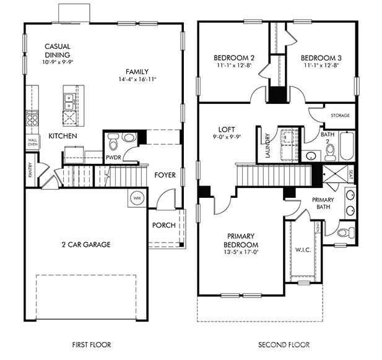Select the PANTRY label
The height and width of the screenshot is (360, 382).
pos(30,171)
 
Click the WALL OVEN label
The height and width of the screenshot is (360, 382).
pos(32,144)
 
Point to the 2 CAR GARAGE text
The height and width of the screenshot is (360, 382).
pos(86,245)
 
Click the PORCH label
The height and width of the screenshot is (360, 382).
pos(164,225)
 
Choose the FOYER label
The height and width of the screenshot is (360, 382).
pos(166,175)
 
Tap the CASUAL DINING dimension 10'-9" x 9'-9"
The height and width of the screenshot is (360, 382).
pos(57,62)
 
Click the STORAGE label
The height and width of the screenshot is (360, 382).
pos(340,116)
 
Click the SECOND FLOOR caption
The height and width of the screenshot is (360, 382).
pos(284,344)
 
